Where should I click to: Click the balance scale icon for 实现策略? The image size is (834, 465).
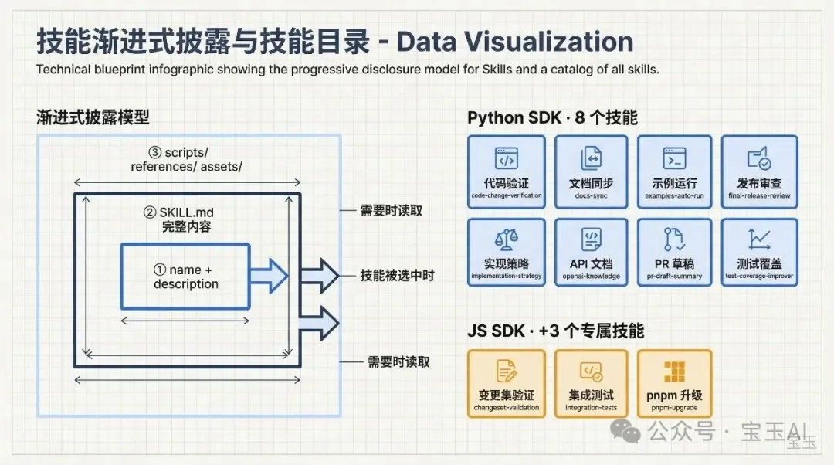pyautogui.click(x=506, y=239)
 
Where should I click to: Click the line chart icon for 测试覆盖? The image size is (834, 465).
pyautogui.click(x=759, y=239)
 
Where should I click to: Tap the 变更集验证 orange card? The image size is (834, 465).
pyautogui.click(x=506, y=384)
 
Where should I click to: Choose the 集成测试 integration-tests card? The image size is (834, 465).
pyautogui.click(x=591, y=384)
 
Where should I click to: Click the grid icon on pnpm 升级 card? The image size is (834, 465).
pyautogui.click(x=675, y=372)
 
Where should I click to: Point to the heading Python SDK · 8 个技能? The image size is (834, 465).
pyautogui.click(x=552, y=118)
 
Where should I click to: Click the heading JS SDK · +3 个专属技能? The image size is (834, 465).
pyautogui.click(x=555, y=331)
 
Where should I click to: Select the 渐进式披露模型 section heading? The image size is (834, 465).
pyautogui.click(x=93, y=118)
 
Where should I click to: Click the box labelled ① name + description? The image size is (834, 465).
pyautogui.click(x=185, y=277)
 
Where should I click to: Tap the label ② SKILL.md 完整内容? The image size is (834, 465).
pyautogui.click(x=186, y=220)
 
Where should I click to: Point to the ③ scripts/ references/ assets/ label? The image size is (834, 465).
pyautogui.click(x=186, y=160)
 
